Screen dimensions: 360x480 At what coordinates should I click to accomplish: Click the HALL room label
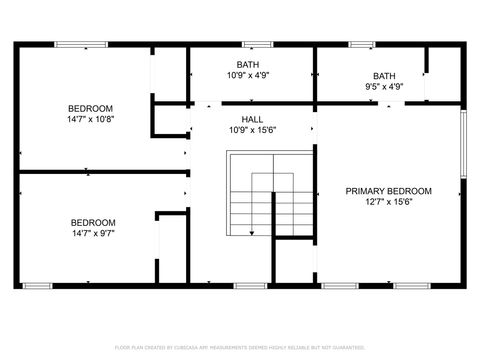coord(252,119)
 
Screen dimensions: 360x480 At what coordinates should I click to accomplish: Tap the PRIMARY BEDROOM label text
coord(388,191)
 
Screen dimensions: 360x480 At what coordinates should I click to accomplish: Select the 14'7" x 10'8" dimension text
coord(90,120)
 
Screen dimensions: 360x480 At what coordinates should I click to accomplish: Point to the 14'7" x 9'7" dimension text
coord(92,233)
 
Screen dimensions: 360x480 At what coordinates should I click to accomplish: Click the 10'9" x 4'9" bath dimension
coord(248,75)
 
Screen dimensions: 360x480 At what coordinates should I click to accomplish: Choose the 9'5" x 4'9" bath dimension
coord(384,87)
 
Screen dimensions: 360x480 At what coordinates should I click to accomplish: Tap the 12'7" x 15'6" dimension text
coord(388,202)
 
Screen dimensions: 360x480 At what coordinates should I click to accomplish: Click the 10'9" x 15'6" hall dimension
coord(252,130)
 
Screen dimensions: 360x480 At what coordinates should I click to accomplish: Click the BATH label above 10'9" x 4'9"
coord(248,64)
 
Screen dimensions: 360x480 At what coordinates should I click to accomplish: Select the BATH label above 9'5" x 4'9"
coord(384,76)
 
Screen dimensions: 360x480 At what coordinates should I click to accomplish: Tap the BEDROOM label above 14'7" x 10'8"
coord(90,108)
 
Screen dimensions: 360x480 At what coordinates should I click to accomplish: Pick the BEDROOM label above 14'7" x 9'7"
coord(92,222)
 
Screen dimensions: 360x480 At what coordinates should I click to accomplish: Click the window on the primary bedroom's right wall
coord(463,144)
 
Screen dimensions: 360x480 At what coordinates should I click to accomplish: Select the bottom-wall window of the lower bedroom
coord(37,286)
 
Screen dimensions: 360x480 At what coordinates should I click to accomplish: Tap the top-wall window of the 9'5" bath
coord(362,44)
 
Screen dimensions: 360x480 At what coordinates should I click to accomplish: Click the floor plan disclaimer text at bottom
coord(240,346)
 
